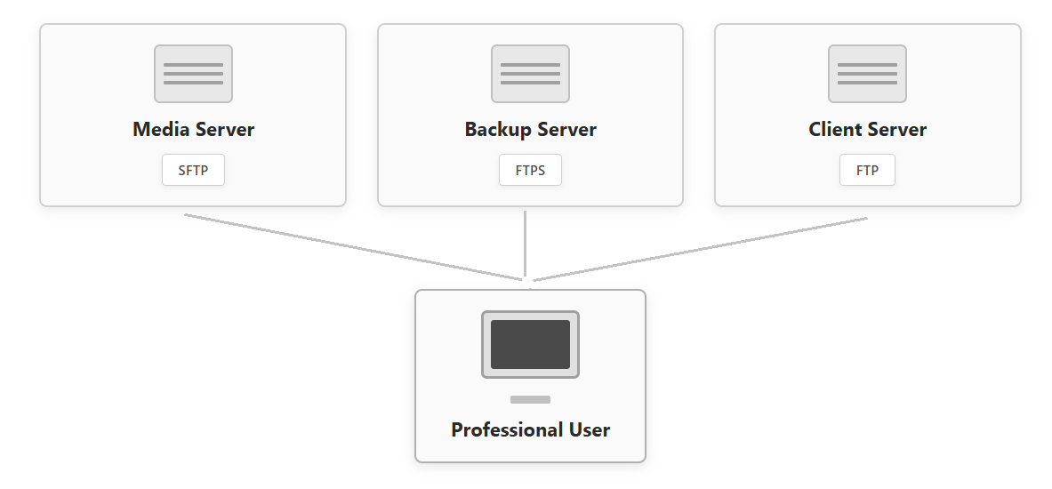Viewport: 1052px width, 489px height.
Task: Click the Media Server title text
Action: click(193, 130)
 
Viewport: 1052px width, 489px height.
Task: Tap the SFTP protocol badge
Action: click(193, 171)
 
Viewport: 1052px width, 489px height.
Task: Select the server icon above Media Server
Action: click(193, 74)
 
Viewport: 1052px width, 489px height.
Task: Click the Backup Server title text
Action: click(530, 130)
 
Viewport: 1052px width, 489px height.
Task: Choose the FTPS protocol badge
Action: click(530, 171)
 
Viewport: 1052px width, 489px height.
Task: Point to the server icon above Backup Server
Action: click(530, 74)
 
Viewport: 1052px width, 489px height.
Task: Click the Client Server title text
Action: click(867, 130)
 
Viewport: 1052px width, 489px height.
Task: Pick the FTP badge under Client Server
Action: click(867, 171)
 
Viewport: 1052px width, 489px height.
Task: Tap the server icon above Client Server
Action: click(867, 74)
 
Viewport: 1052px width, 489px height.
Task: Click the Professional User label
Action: click(530, 430)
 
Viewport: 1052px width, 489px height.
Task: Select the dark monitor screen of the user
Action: click(530, 344)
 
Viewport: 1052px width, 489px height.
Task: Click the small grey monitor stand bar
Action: click(530, 399)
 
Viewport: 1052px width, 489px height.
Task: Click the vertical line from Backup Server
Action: click(525, 244)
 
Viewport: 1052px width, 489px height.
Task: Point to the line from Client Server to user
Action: click(701, 249)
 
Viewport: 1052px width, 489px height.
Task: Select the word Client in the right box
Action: click(834, 130)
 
